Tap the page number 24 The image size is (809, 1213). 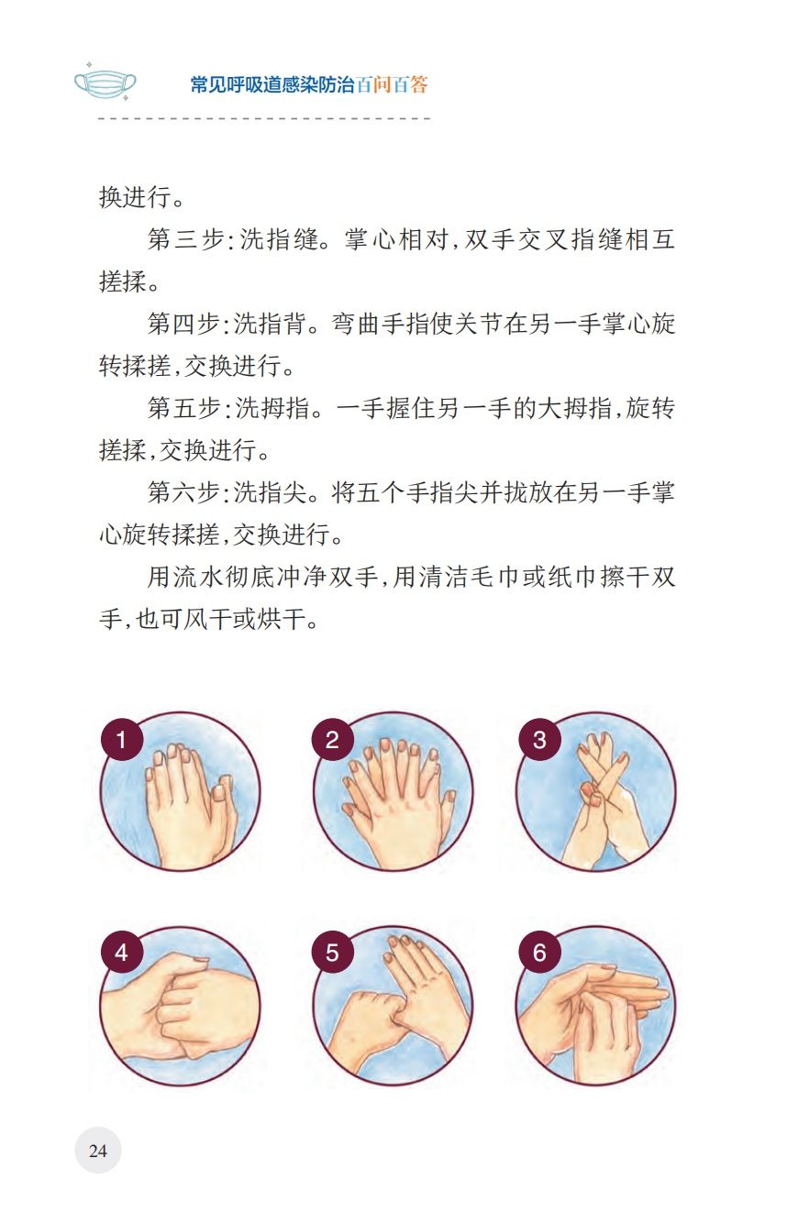point(98,1151)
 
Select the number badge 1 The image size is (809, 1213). point(121,740)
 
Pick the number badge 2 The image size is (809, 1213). point(332,740)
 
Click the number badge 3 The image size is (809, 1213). point(539,740)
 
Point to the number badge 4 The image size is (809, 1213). point(121,954)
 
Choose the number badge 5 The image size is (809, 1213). point(332,954)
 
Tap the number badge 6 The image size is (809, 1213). point(539,954)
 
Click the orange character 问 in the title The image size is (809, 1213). point(382,84)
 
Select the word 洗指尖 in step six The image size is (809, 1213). point(270,492)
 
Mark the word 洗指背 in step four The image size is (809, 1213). point(270,324)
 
